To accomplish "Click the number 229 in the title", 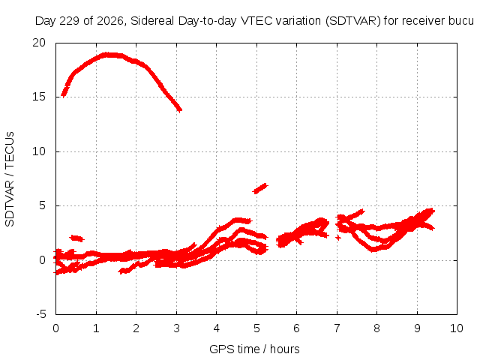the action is pos(69,21).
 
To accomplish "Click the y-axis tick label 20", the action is pos(39,43).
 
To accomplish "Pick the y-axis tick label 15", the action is pos(39,97).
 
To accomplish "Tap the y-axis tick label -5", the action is pos(40,314).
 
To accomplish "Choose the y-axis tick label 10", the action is pos(39,151).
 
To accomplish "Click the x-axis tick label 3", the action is pos(176,328).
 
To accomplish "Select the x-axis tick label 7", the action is pos(337,328).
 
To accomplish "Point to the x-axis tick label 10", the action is pos(457,328).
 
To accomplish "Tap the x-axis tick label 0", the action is pos(55,328).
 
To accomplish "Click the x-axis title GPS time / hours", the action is pos(254,349).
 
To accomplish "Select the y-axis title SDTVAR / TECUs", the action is pos(10,179).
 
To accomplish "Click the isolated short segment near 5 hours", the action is pos(260,188).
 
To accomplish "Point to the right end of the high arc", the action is pos(180,109).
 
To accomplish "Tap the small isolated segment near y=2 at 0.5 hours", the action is pos(76,238).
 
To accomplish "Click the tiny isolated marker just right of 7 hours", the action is pos(338,237).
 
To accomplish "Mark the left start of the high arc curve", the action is pos(64,94).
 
